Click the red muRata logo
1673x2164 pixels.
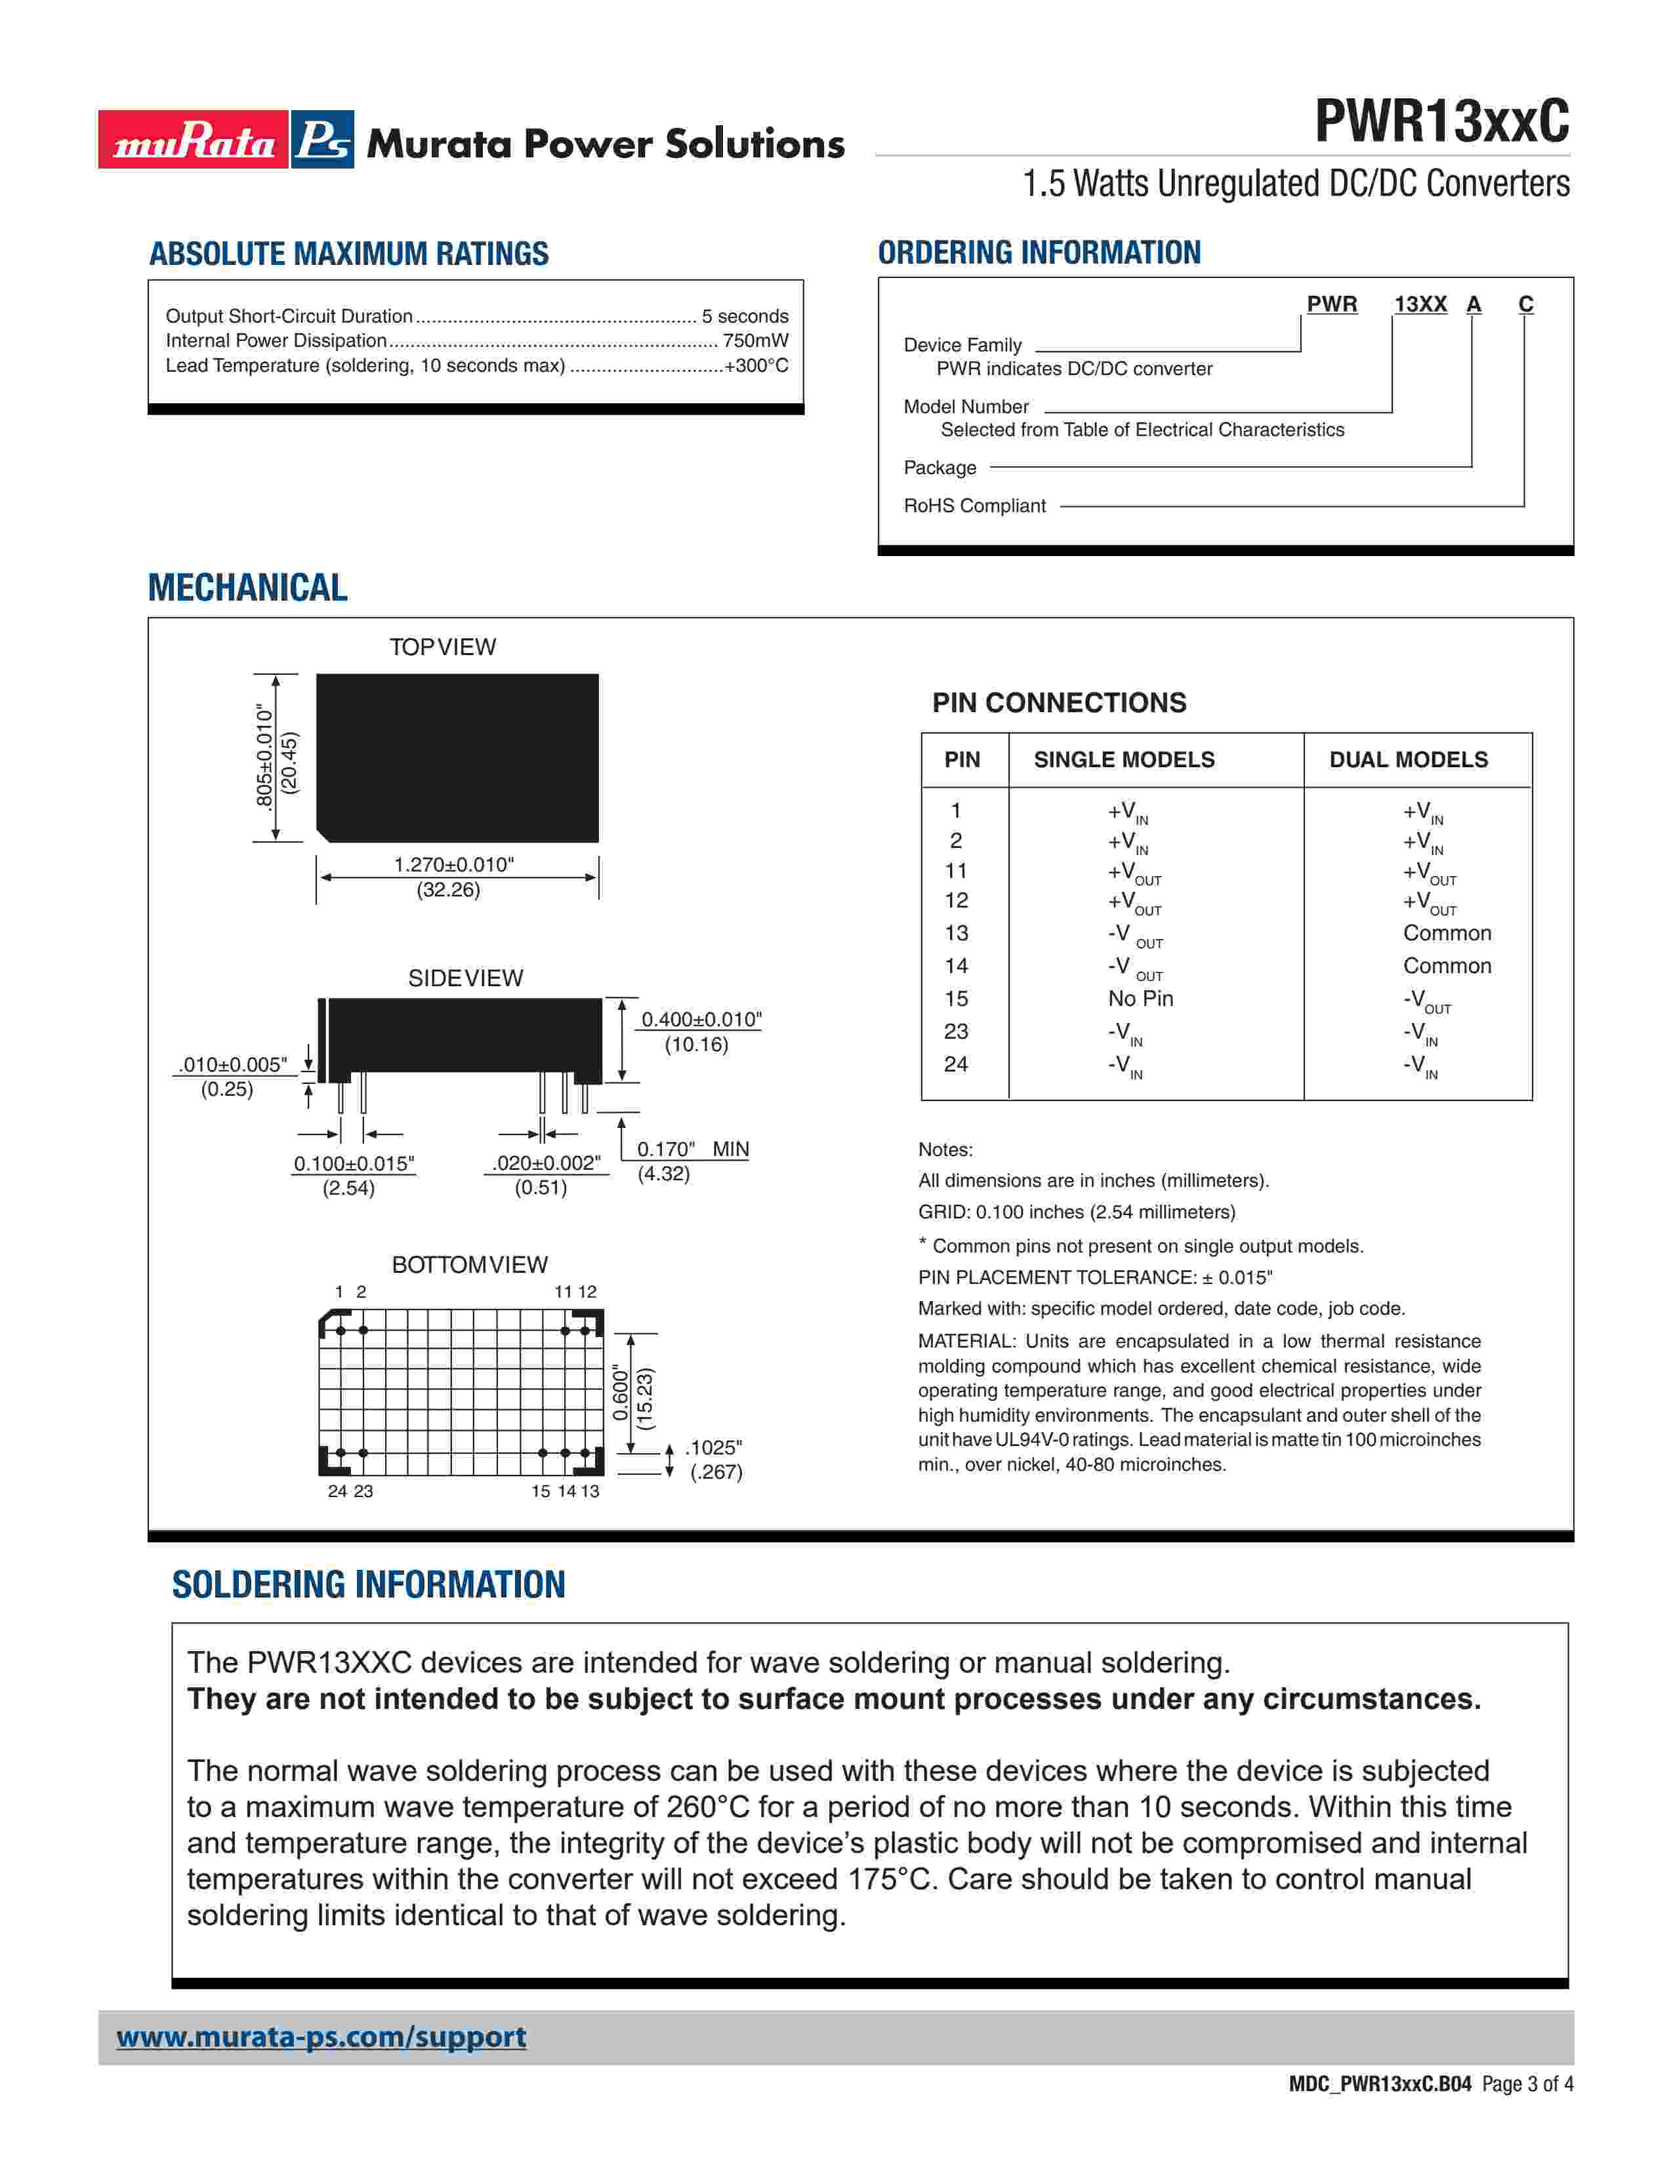pyautogui.click(x=194, y=140)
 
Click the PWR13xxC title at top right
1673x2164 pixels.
pyautogui.click(x=1441, y=122)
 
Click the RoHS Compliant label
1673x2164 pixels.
pyautogui.click(x=974, y=506)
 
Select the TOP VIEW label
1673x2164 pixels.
pyautogui.click(x=442, y=647)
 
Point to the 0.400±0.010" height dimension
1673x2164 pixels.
pyautogui.click(x=701, y=1020)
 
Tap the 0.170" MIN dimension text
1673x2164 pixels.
pyautogui.click(x=692, y=1150)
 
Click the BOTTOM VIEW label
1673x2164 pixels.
pyautogui.click(x=469, y=1266)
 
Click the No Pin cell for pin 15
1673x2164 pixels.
pyautogui.click(x=1140, y=999)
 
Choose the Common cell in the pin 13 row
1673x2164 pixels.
pyautogui.click(x=1446, y=933)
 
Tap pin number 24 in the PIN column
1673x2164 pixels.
pyautogui.click(x=955, y=1064)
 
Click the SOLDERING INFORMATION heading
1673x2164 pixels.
pyautogui.click(x=369, y=1586)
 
